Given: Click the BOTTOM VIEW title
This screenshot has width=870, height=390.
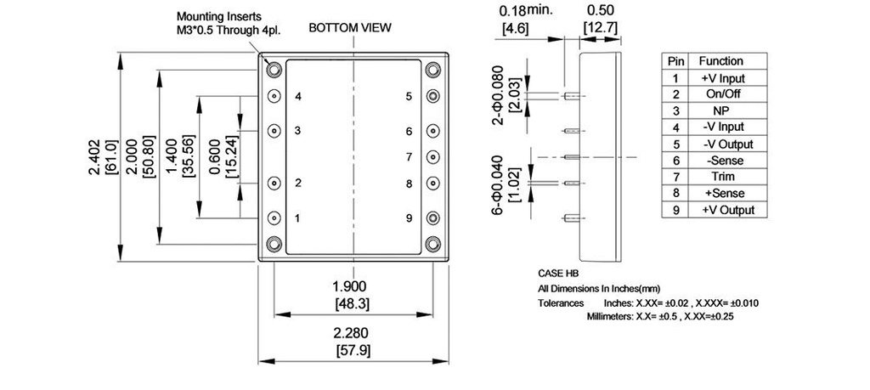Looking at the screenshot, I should (x=350, y=27).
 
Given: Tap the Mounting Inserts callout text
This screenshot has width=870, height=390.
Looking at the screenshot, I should (x=219, y=16).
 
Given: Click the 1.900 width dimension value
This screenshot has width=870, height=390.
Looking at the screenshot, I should (x=352, y=285).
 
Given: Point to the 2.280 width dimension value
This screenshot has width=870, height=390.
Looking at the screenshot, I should (x=352, y=335).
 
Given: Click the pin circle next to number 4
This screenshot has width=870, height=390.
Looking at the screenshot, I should (x=275, y=96).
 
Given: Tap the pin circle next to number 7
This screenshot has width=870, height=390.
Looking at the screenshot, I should (x=433, y=157).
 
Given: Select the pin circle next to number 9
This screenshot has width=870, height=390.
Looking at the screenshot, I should (x=433, y=218).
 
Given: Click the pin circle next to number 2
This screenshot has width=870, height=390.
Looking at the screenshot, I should (x=275, y=183).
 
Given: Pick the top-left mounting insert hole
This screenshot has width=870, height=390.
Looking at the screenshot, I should (x=275, y=70).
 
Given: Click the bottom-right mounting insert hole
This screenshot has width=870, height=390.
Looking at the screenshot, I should (x=433, y=244).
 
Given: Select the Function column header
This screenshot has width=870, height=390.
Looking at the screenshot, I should (x=720, y=61).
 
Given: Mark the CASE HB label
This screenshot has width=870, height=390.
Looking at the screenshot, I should (x=557, y=274).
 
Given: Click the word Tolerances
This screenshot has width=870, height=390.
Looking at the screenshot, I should (x=561, y=302).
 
